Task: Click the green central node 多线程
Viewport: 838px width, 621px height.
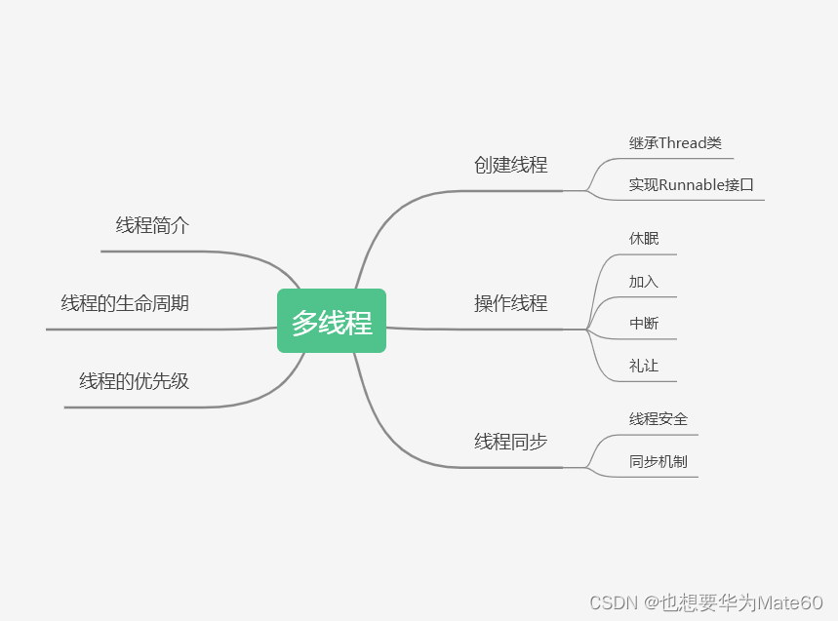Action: coord(332,321)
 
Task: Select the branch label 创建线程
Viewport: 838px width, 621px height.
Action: coord(510,165)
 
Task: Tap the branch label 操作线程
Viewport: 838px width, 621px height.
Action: coord(510,303)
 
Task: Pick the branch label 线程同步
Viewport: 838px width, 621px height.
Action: coord(510,442)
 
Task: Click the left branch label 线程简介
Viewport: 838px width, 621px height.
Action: coord(152,226)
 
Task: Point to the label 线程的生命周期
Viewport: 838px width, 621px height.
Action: coord(125,303)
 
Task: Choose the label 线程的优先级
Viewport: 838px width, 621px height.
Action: coord(134,381)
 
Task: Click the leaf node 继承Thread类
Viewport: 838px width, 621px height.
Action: coord(675,143)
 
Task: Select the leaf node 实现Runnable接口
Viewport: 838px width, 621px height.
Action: coord(692,184)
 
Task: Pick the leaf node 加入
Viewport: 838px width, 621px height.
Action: coord(644,282)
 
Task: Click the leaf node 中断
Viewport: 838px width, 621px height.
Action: coord(644,324)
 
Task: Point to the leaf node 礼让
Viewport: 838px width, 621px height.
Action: coord(644,367)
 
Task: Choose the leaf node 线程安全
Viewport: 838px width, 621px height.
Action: coord(658,419)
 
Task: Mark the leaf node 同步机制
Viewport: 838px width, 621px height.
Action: coord(658,461)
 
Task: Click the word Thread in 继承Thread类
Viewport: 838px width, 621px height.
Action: coord(682,143)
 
